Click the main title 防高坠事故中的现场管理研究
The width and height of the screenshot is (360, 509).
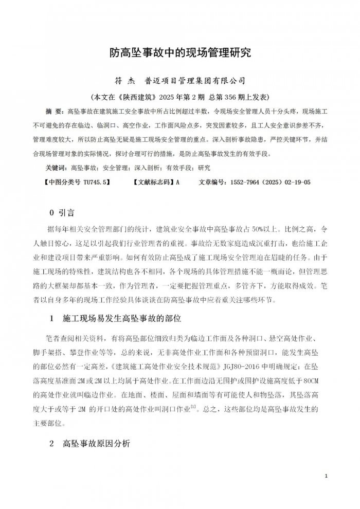(x=180, y=52)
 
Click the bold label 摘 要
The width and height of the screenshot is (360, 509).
(x=53, y=111)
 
